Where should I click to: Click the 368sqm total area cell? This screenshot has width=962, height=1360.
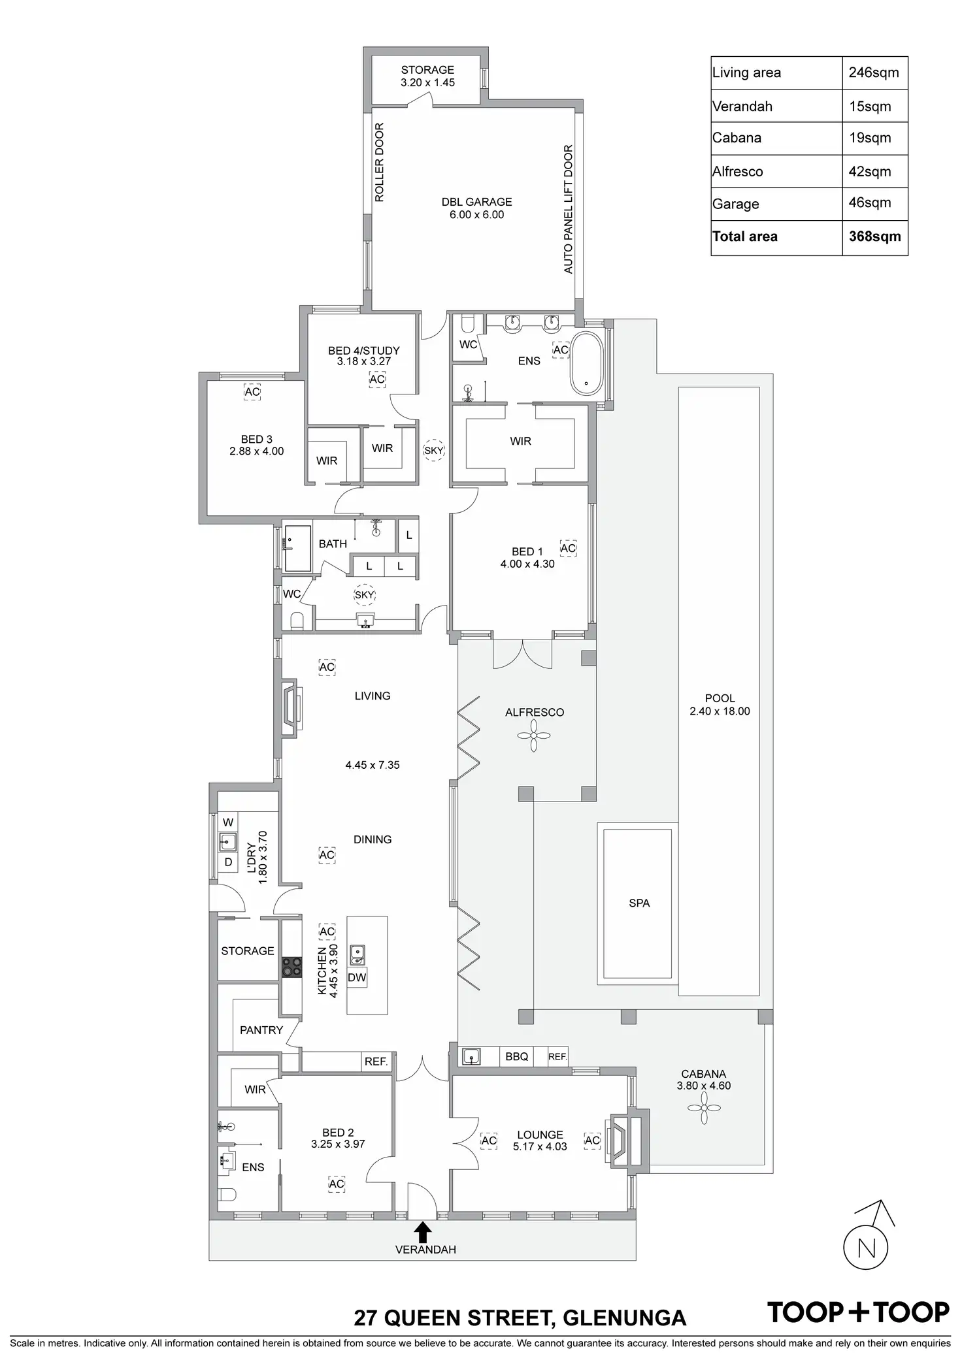[874, 236]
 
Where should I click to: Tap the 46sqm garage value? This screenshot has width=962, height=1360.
[869, 202]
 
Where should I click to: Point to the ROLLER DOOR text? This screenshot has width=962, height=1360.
[380, 162]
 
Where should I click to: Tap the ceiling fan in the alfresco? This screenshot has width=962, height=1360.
[534, 736]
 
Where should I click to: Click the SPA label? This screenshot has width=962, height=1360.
[639, 903]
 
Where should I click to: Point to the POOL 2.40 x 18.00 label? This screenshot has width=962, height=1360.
[720, 705]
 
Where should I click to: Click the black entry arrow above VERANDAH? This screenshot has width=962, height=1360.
[423, 1231]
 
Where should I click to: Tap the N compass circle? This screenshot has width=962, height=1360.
[866, 1248]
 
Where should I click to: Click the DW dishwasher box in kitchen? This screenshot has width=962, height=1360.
[357, 977]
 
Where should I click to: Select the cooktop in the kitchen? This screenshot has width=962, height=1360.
[291, 967]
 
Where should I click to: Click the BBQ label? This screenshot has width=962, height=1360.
[516, 1056]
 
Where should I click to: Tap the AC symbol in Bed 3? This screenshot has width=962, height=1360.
[252, 393]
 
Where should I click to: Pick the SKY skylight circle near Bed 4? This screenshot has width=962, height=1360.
[433, 450]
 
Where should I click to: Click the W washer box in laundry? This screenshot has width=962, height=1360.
[228, 822]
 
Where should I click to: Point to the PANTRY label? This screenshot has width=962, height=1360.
[261, 1030]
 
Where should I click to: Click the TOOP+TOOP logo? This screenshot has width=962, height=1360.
[858, 1312]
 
